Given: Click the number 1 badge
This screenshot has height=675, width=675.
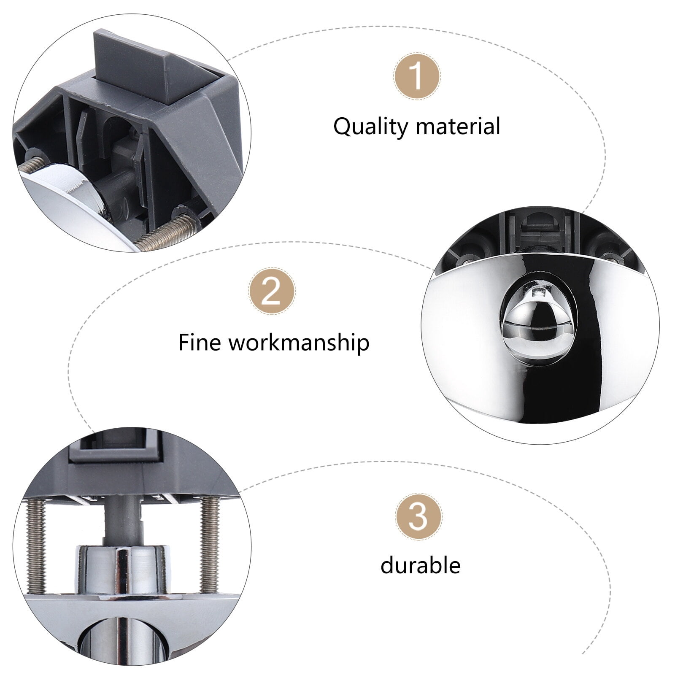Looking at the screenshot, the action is tap(417, 76).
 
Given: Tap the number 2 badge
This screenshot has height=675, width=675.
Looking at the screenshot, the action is tap(272, 291).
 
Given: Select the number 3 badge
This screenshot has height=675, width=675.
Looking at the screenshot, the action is tap(418, 517).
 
